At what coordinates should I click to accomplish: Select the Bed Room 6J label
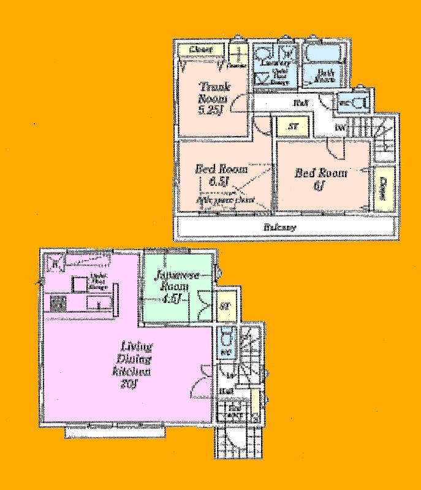[x=320, y=178]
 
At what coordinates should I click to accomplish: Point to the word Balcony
[x=281, y=228]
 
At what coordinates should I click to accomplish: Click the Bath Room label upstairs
[x=325, y=75]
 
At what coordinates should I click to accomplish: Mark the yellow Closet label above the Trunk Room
[x=200, y=49]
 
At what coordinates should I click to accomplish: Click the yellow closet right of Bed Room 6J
[x=383, y=189]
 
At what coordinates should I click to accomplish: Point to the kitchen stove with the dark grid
[x=58, y=304]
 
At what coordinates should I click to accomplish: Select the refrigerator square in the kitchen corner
[x=55, y=264]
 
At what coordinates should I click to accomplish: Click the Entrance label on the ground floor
[x=235, y=410]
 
